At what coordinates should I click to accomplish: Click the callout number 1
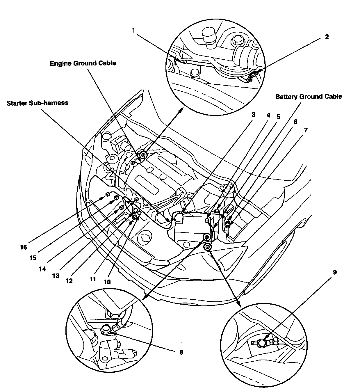click(133, 30)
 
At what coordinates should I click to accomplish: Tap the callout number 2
click(327, 37)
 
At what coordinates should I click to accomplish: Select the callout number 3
click(253, 115)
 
